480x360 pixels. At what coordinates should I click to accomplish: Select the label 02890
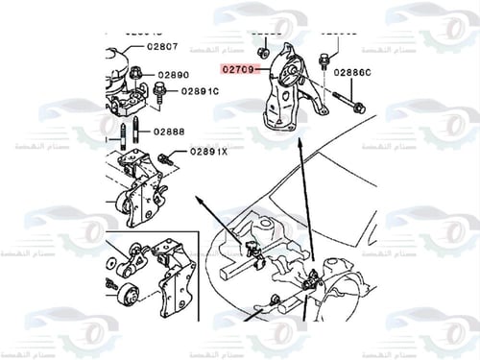tap(173, 74)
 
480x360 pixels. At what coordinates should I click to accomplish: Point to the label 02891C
tap(198, 92)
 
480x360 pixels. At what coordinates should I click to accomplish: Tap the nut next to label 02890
tap(135, 72)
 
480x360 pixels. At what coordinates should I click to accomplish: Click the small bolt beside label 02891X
tap(170, 156)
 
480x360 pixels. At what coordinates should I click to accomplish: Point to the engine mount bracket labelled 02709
tap(293, 91)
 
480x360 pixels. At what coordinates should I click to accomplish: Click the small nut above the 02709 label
tap(262, 47)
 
